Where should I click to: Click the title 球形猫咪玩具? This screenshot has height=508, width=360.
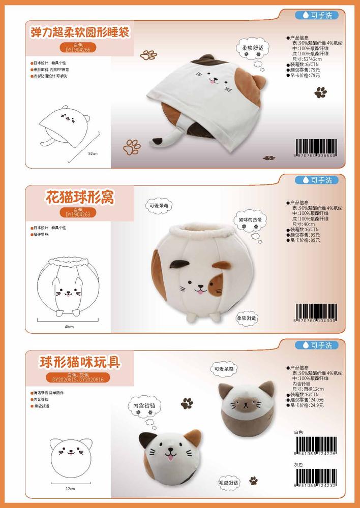[80, 363]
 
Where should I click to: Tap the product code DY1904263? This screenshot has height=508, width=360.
[78, 214]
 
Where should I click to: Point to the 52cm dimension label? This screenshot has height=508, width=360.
[93, 153]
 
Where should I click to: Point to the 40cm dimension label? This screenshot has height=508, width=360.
[70, 327]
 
